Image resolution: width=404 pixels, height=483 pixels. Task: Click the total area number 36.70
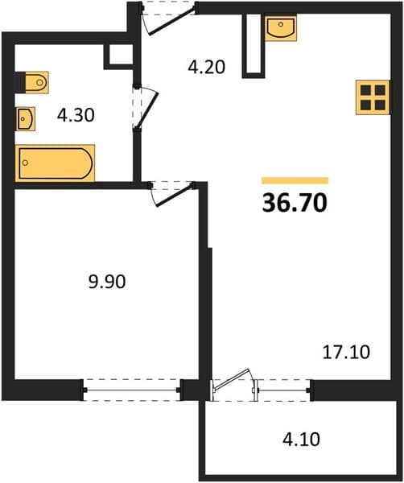click(295, 203)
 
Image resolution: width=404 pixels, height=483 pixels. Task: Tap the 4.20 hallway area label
click(207, 67)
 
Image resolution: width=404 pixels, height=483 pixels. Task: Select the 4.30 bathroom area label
click(76, 115)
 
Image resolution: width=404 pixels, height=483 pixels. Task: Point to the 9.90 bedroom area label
click(107, 282)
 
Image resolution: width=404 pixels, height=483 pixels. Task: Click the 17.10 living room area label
click(346, 353)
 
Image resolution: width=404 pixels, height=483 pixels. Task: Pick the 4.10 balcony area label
click(301, 439)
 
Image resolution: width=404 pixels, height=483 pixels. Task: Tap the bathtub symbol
click(55, 163)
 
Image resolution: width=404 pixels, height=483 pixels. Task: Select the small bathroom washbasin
click(26, 119)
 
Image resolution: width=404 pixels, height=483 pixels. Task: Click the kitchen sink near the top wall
click(281, 28)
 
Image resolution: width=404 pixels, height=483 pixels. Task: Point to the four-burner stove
click(373, 97)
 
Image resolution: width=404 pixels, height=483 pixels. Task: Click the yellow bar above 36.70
click(295, 180)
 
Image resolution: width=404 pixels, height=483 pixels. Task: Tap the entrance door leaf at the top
click(172, 23)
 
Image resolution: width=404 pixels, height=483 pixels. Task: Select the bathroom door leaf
click(147, 110)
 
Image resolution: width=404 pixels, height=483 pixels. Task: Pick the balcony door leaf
click(232, 379)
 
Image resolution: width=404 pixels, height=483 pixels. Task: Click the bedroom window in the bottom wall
click(131, 390)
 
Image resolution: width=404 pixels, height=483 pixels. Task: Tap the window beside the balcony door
click(283, 390)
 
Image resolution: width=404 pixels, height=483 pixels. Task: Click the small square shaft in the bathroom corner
click(119, 56)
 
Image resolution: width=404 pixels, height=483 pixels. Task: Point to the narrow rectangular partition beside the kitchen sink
click(254, 46)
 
